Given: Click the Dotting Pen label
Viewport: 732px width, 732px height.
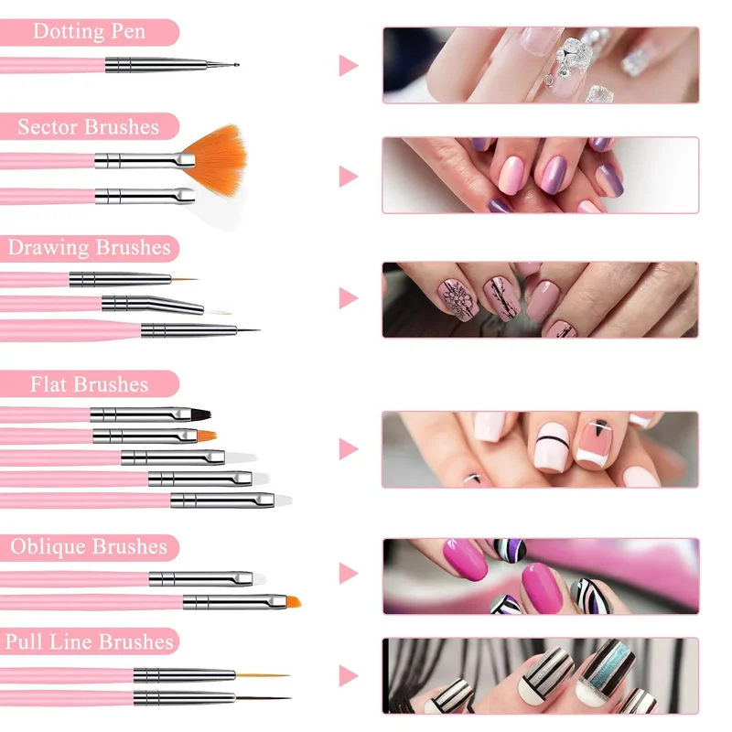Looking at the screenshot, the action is [89, 32].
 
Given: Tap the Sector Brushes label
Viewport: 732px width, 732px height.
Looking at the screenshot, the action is [89, 127].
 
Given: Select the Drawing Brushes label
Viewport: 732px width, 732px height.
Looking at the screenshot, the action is [89, 247].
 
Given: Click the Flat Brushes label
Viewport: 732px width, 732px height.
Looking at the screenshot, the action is [89, 384].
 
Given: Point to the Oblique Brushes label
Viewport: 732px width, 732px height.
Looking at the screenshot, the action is [89, 546].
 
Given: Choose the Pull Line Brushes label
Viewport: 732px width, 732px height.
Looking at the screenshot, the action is [89, 641].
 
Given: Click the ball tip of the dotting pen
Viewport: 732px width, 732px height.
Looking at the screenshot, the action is [236, 65].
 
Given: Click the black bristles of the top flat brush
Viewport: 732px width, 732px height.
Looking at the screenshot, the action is [200, 414].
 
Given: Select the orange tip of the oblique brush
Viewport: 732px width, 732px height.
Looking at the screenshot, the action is [293, 602].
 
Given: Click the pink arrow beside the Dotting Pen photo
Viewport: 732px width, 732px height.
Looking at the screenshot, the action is [349, 65].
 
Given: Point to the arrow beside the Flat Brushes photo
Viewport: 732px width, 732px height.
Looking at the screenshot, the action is [349, 449].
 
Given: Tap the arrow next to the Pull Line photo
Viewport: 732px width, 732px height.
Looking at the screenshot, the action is [349, 676].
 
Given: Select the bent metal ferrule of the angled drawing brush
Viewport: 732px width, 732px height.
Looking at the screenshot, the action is [153, 304].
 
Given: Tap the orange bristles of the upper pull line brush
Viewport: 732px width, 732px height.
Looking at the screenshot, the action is [263, 675].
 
